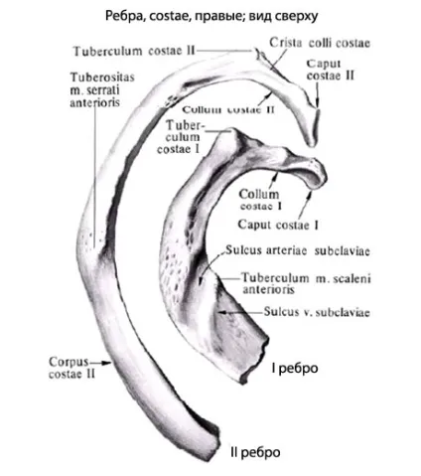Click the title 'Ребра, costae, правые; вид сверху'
point(211,16)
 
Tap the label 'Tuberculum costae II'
point(134,52)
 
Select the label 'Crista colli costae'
point(320,43)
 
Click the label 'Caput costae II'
point(330,70)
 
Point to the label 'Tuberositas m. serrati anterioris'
point(102,89)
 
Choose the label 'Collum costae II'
point(228,109)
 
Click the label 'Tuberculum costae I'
point(181,137)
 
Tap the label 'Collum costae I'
point(260,200)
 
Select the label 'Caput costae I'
point(278,225)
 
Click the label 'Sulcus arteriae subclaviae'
point(298,250)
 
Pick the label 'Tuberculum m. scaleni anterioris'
point(307,283)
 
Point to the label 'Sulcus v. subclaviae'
point(317,312)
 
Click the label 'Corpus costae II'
point(71,368)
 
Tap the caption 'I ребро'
point(295,368)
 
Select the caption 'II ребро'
point(255,452)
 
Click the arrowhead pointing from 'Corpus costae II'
point(107,363)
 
